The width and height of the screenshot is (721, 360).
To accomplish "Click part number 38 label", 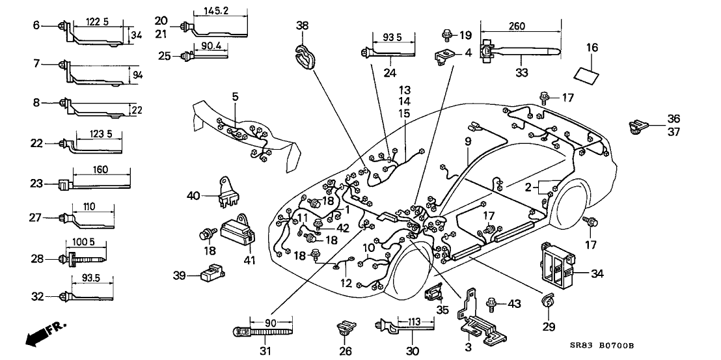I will [303, 27].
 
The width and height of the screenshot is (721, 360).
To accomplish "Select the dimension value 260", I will [520, 27].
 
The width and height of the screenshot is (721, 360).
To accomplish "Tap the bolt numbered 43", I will [493, 303].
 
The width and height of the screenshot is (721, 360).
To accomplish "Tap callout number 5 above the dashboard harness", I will [236, 96].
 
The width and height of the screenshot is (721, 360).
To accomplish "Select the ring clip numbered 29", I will [548, 301].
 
